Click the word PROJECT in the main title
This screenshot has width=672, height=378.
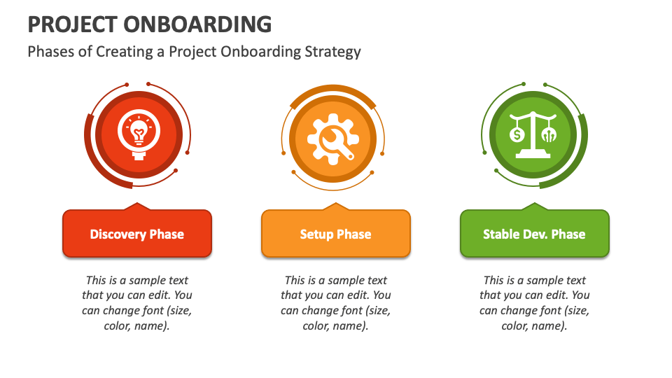[x=72, y=24]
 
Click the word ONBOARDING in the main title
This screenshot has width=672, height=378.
[x=197, y=24]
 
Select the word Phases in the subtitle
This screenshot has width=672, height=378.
[x=50, y=51]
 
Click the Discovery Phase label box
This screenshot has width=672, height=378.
[x=137, y=234]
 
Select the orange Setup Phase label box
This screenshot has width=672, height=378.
[x=336, y=234]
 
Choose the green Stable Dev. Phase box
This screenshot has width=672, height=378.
[x=534, y=234]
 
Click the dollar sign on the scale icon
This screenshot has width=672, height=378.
[x=517, y=134]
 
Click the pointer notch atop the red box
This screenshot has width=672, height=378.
[x=137, y=206]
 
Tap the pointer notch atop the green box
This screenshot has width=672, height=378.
[x=534, y=206]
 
